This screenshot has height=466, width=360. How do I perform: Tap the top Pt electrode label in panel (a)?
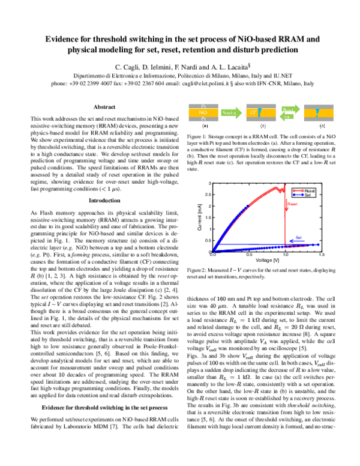tap(203, 106)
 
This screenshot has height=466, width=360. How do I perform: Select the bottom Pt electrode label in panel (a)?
tap(203, 120)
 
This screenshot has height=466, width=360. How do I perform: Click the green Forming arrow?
tap(231, 113)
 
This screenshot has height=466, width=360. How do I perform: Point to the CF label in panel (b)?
tap(253, 112)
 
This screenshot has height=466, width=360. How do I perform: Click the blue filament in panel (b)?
tap(260, 112)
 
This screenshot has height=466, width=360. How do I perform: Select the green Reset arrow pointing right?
tap(290, 109)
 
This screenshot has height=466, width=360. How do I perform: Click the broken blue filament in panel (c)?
tap(317, 112)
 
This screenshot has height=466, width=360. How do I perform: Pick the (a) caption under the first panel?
tap(205, 127)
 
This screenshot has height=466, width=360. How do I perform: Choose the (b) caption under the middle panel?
tap(263, 127)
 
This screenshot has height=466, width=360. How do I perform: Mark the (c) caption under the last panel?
tap(322, 127)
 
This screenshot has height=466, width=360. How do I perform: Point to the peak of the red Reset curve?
tap(277, 187)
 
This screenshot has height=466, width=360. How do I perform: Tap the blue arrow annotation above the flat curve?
tap(296, 238)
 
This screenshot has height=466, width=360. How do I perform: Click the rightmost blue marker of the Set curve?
tap(318, 244)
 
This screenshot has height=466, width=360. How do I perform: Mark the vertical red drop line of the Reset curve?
tap(284, 222)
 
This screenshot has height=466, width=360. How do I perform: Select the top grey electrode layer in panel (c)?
tap(319, 106)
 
